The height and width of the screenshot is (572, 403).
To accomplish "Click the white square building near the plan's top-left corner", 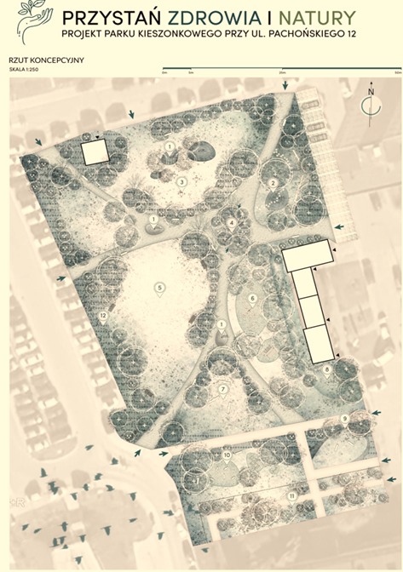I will tap(95, 152).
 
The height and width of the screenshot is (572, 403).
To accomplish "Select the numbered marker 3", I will tap(181, 181).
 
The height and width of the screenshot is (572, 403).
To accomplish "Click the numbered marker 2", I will tap(273, 183).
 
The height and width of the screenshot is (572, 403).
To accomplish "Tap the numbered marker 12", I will tap(102, 316).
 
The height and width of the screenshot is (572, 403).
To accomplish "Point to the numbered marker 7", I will tap(222, 390).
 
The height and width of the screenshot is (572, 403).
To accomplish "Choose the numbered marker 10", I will tap(227, 456).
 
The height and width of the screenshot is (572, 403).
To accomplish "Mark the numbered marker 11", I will tap(291, 495).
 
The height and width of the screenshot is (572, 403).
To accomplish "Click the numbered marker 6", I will tap(252, 298).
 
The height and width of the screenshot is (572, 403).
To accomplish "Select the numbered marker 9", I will tap(344, 419).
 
